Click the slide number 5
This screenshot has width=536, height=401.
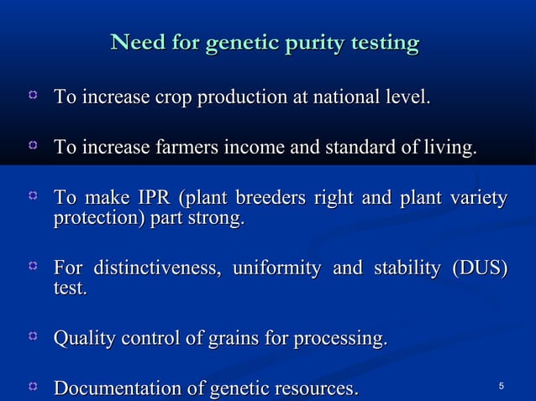(x=501, y=386)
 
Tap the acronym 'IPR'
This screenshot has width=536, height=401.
(x=149, y=200)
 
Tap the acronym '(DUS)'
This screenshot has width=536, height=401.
(x=480, y=269)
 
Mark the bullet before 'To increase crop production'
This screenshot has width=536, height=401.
(x=33, y=98)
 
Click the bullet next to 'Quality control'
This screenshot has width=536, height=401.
(x=33, y=337)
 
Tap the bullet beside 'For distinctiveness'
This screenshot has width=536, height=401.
(x=33, y=267)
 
